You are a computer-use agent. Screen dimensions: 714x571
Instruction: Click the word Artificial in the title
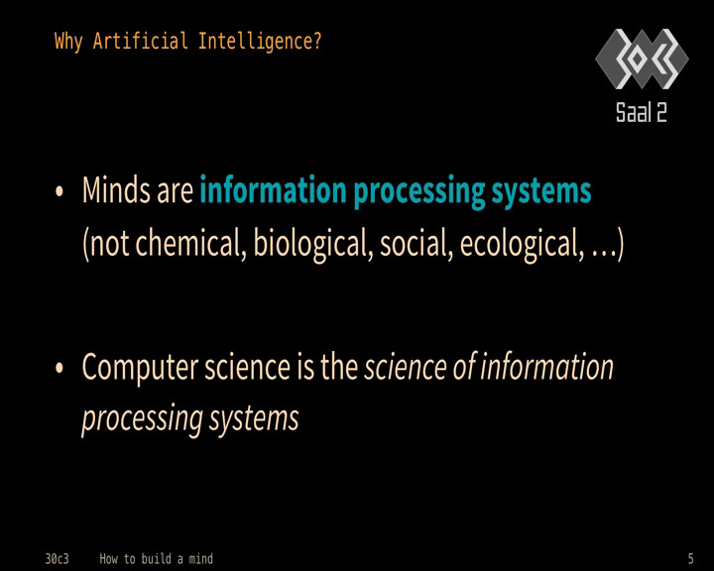[140, 41]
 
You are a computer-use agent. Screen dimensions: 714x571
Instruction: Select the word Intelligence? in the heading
[260, 42]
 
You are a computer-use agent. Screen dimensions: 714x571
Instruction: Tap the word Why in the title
[68, 42]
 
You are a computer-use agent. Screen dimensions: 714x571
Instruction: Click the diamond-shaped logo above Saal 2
[642, 58]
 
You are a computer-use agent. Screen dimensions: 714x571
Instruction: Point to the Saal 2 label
[642, 112]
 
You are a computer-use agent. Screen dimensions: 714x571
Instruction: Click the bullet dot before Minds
[59, 191]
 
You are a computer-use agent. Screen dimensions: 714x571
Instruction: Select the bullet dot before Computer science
[59, 368]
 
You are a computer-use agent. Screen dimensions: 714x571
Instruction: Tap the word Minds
[117, 189]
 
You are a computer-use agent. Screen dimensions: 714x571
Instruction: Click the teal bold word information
[274, 189]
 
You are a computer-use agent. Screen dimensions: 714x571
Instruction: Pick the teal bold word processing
[418, 192]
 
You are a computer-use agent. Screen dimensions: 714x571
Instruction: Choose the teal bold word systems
[541, 192]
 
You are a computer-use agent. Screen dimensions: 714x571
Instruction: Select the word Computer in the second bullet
[140, 368]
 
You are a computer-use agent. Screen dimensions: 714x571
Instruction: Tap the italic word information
[546, 367]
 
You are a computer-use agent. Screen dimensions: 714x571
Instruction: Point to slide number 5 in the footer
[690, 558]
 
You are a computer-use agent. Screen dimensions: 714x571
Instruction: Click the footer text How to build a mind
[157, 559]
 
